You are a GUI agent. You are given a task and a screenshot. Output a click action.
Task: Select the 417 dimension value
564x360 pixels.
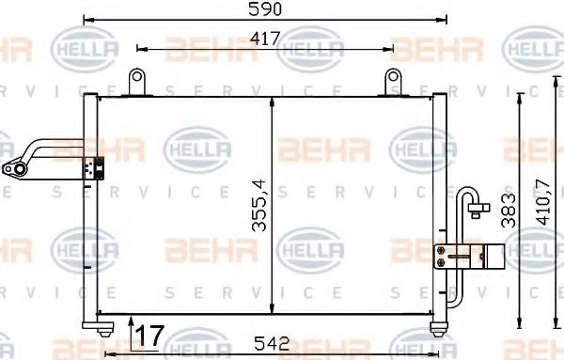click(x=263, y=39)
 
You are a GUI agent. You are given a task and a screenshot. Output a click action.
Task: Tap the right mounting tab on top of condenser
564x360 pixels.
click(x=390, y=81)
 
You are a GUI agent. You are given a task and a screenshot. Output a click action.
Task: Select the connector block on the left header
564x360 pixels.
click(x=94, y=167)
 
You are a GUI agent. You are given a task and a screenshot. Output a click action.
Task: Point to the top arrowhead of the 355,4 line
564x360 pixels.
click(x=273, y=101)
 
